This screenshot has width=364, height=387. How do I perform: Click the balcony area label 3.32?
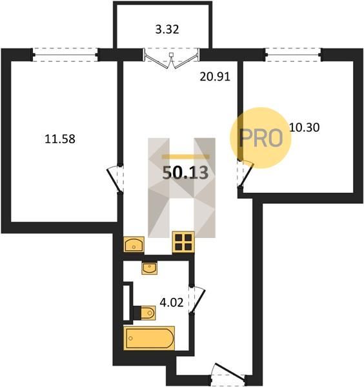[x=167, y=30]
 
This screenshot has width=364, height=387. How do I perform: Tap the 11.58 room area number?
[x=60, y=139]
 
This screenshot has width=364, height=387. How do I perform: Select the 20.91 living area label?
[x=215, y=77]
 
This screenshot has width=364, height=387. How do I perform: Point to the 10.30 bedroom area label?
[x=304, y=127]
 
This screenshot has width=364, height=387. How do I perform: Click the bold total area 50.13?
[x=185, y=172]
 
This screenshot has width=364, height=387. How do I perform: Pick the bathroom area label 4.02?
[x=172, y=303]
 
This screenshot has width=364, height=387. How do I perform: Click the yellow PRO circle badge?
[x=261, y=138]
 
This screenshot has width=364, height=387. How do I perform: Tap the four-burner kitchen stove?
[x=183, y=242]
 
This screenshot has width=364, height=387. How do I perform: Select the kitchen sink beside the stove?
[x=134, y=244]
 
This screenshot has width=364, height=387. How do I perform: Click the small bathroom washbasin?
[x=149, y=268]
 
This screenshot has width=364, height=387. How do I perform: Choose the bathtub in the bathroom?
[x=149, y=338]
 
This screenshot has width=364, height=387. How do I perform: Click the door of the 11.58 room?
[x=116, y=179]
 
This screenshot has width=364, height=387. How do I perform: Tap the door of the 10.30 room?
[x=245, y=174]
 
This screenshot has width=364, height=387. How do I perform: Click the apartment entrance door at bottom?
[x=228, y=372]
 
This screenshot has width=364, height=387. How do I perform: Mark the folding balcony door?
[x=171, y=59]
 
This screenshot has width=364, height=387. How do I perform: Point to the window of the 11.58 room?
[x=65, y=55]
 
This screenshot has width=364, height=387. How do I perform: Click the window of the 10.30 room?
[x=294, y=55]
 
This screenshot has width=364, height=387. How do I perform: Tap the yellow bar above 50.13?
[x=185, y=157]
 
